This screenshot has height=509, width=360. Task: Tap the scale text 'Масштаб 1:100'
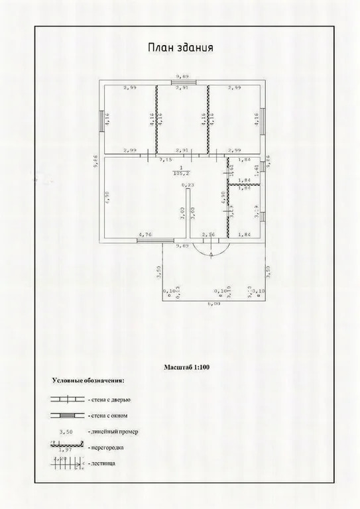pos(188,366)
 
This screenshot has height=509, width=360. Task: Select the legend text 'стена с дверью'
pos(109,400)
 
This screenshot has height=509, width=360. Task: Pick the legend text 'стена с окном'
pos(108,416)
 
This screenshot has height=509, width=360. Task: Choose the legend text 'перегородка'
pos(105,447)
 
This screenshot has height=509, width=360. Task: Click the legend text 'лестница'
pos(101,463)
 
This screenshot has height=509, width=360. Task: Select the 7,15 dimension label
pos(164,160)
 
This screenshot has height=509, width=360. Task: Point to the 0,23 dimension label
pos(188,185)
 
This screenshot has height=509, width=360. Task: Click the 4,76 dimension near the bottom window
pos(145,235)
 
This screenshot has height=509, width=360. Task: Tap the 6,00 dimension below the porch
pos(215,304)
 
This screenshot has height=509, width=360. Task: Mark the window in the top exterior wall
pos(181,82)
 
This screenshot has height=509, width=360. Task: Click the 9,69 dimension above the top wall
pos(181,76)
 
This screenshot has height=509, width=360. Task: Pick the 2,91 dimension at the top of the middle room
pos(182,87)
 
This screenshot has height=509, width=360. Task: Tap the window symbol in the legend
pos(66,416)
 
